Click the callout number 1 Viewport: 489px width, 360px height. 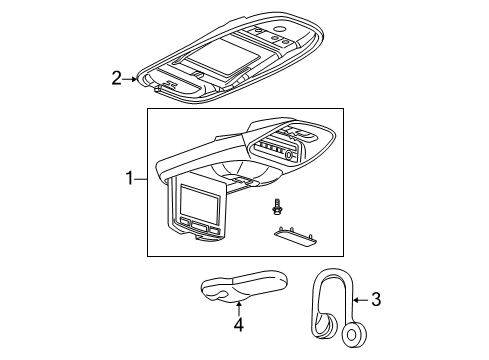(x=129, y=180)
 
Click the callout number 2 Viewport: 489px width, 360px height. (x=117, y=76)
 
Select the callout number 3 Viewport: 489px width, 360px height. (x=375, y=298)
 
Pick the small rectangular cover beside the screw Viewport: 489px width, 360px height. (x=295, y=262)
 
